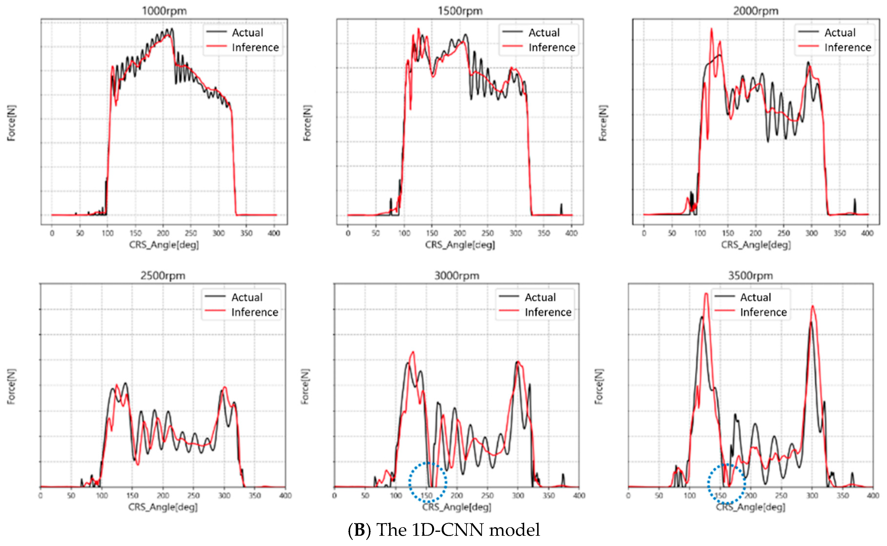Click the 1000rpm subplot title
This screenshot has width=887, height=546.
164,11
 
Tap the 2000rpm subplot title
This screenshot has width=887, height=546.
756,11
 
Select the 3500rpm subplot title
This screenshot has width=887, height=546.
751,276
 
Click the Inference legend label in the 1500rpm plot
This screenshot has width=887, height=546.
552,47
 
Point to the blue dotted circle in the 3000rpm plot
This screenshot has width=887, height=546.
428,482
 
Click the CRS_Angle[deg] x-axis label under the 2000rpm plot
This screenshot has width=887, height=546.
756,245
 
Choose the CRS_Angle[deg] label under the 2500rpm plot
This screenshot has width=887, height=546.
163,507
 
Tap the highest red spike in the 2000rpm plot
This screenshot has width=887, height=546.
711,29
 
